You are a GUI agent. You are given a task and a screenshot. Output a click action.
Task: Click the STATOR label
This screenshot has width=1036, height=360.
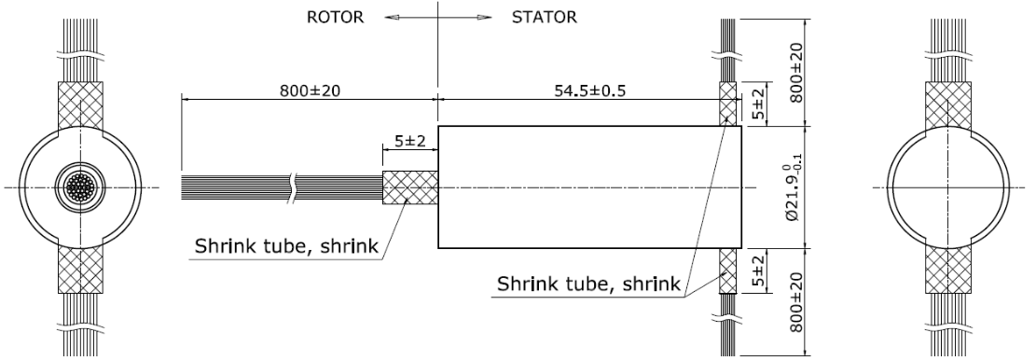(545, 16)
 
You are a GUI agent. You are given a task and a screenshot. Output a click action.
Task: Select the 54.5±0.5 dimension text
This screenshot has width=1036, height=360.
(577, 90)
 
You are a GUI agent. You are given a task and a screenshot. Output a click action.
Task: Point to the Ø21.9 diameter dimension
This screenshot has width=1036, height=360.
(793, 187)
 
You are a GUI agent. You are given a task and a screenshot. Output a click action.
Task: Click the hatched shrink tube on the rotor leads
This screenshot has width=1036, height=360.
(410, 187)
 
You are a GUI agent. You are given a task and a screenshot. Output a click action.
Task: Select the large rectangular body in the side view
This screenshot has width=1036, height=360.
(589, 187)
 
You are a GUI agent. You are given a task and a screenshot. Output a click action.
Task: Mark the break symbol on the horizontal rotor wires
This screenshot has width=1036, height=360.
(294, 187)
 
